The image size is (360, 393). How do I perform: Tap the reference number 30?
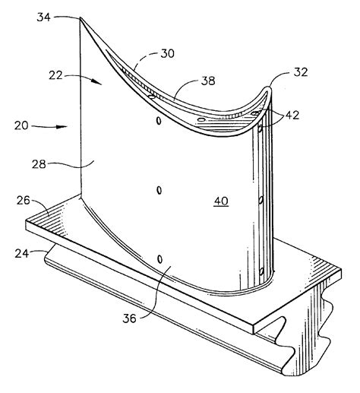pos(168,54)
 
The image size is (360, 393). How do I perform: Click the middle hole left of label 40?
pos(158,189)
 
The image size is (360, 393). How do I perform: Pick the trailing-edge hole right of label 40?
pos(261,201)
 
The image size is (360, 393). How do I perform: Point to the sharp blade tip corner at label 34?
pos(81,17)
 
